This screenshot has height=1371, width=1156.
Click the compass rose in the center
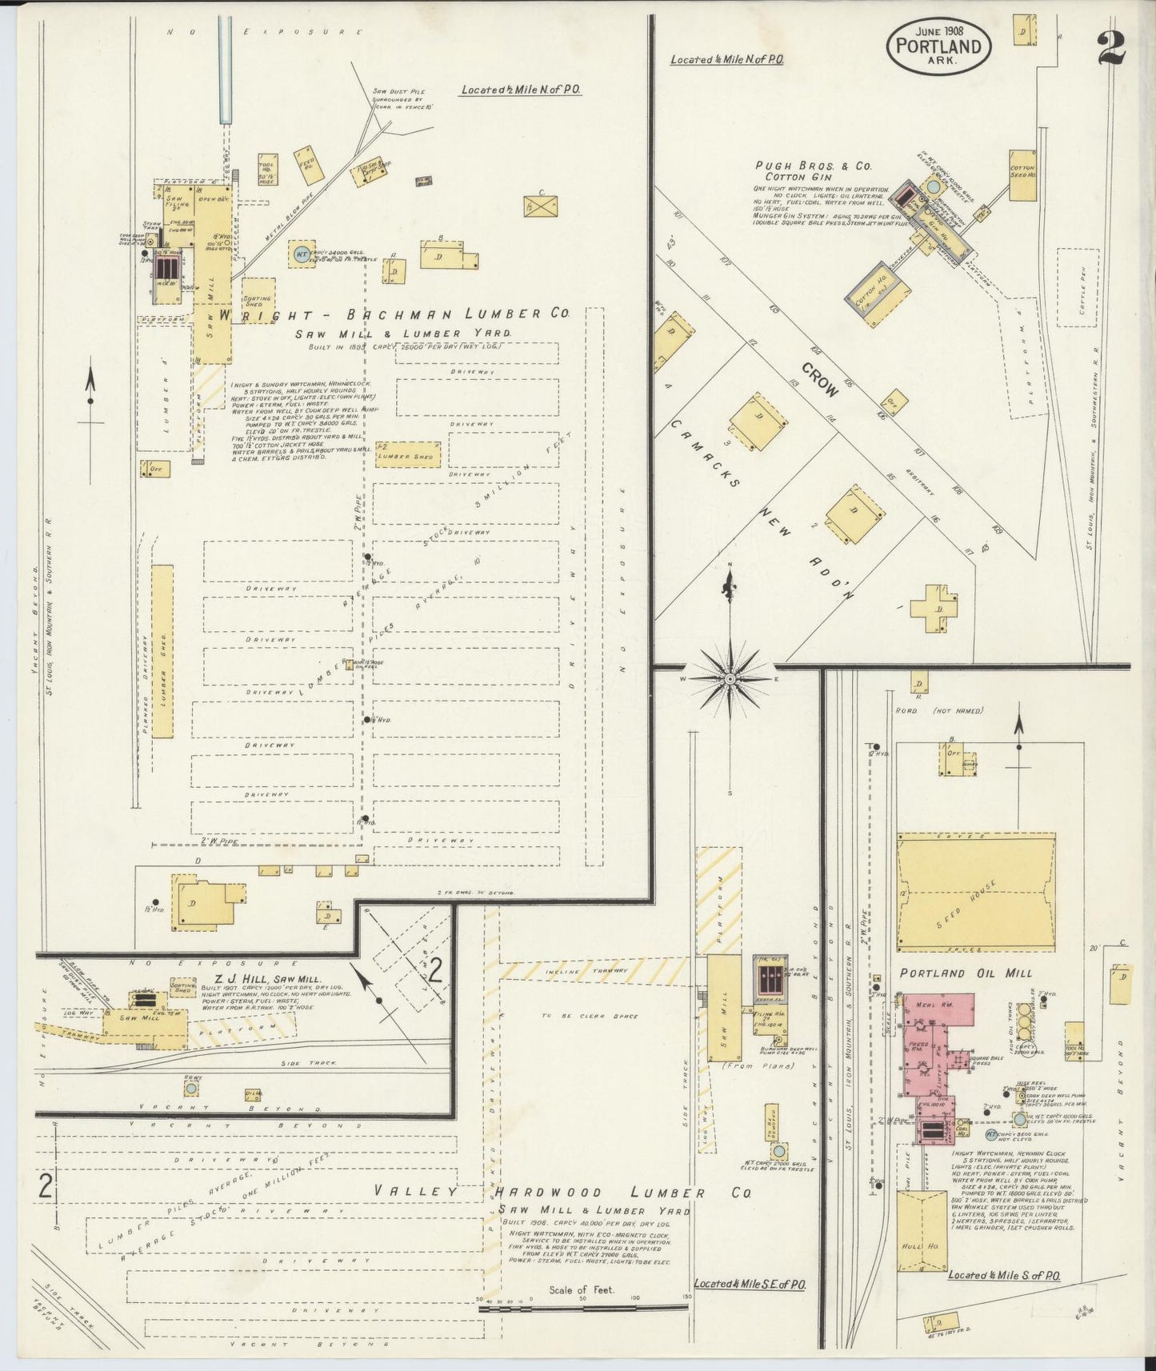tap(730, 678)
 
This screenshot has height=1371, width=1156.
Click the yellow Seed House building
tap(974, 892)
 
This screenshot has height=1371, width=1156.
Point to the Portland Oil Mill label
tap(966, 973)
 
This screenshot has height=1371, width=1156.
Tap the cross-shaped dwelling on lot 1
tap(934, 610)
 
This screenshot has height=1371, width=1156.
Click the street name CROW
tap(820, 381)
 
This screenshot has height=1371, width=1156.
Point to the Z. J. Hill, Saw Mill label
tap(245, 978)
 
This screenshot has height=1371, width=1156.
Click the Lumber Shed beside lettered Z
tap(407, 456)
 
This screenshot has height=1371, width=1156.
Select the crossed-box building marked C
tap(541, 206)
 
